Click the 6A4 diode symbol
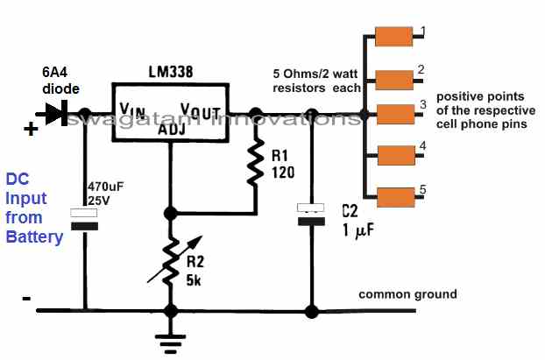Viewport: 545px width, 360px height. tap(60, 113)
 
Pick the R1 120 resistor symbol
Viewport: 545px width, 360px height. tap(255, 163)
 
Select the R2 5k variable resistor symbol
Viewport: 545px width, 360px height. tap(170, 259)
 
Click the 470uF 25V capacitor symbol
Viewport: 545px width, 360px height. tap(84, 220)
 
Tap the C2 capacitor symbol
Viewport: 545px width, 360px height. tap(309, 215)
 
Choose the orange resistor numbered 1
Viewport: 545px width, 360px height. tap(393, 36)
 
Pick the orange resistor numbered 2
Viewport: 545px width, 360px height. tap(393, 77)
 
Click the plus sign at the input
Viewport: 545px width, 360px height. tap(30, 130)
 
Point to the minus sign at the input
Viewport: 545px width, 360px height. tap(26, 299)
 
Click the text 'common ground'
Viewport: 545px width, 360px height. tap(407, 294)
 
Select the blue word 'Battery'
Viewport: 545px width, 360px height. tap(34, 236)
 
